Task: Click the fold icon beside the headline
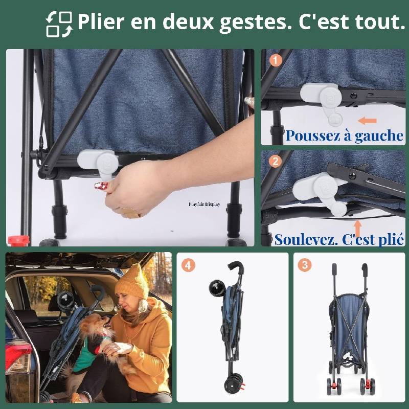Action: click(59, 24)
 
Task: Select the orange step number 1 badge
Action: click(276, 60)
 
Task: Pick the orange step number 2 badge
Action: click(276, 162)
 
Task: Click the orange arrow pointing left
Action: click(367, 121)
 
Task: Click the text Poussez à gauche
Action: click(344, 136)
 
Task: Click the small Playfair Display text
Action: click(204, 204)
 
